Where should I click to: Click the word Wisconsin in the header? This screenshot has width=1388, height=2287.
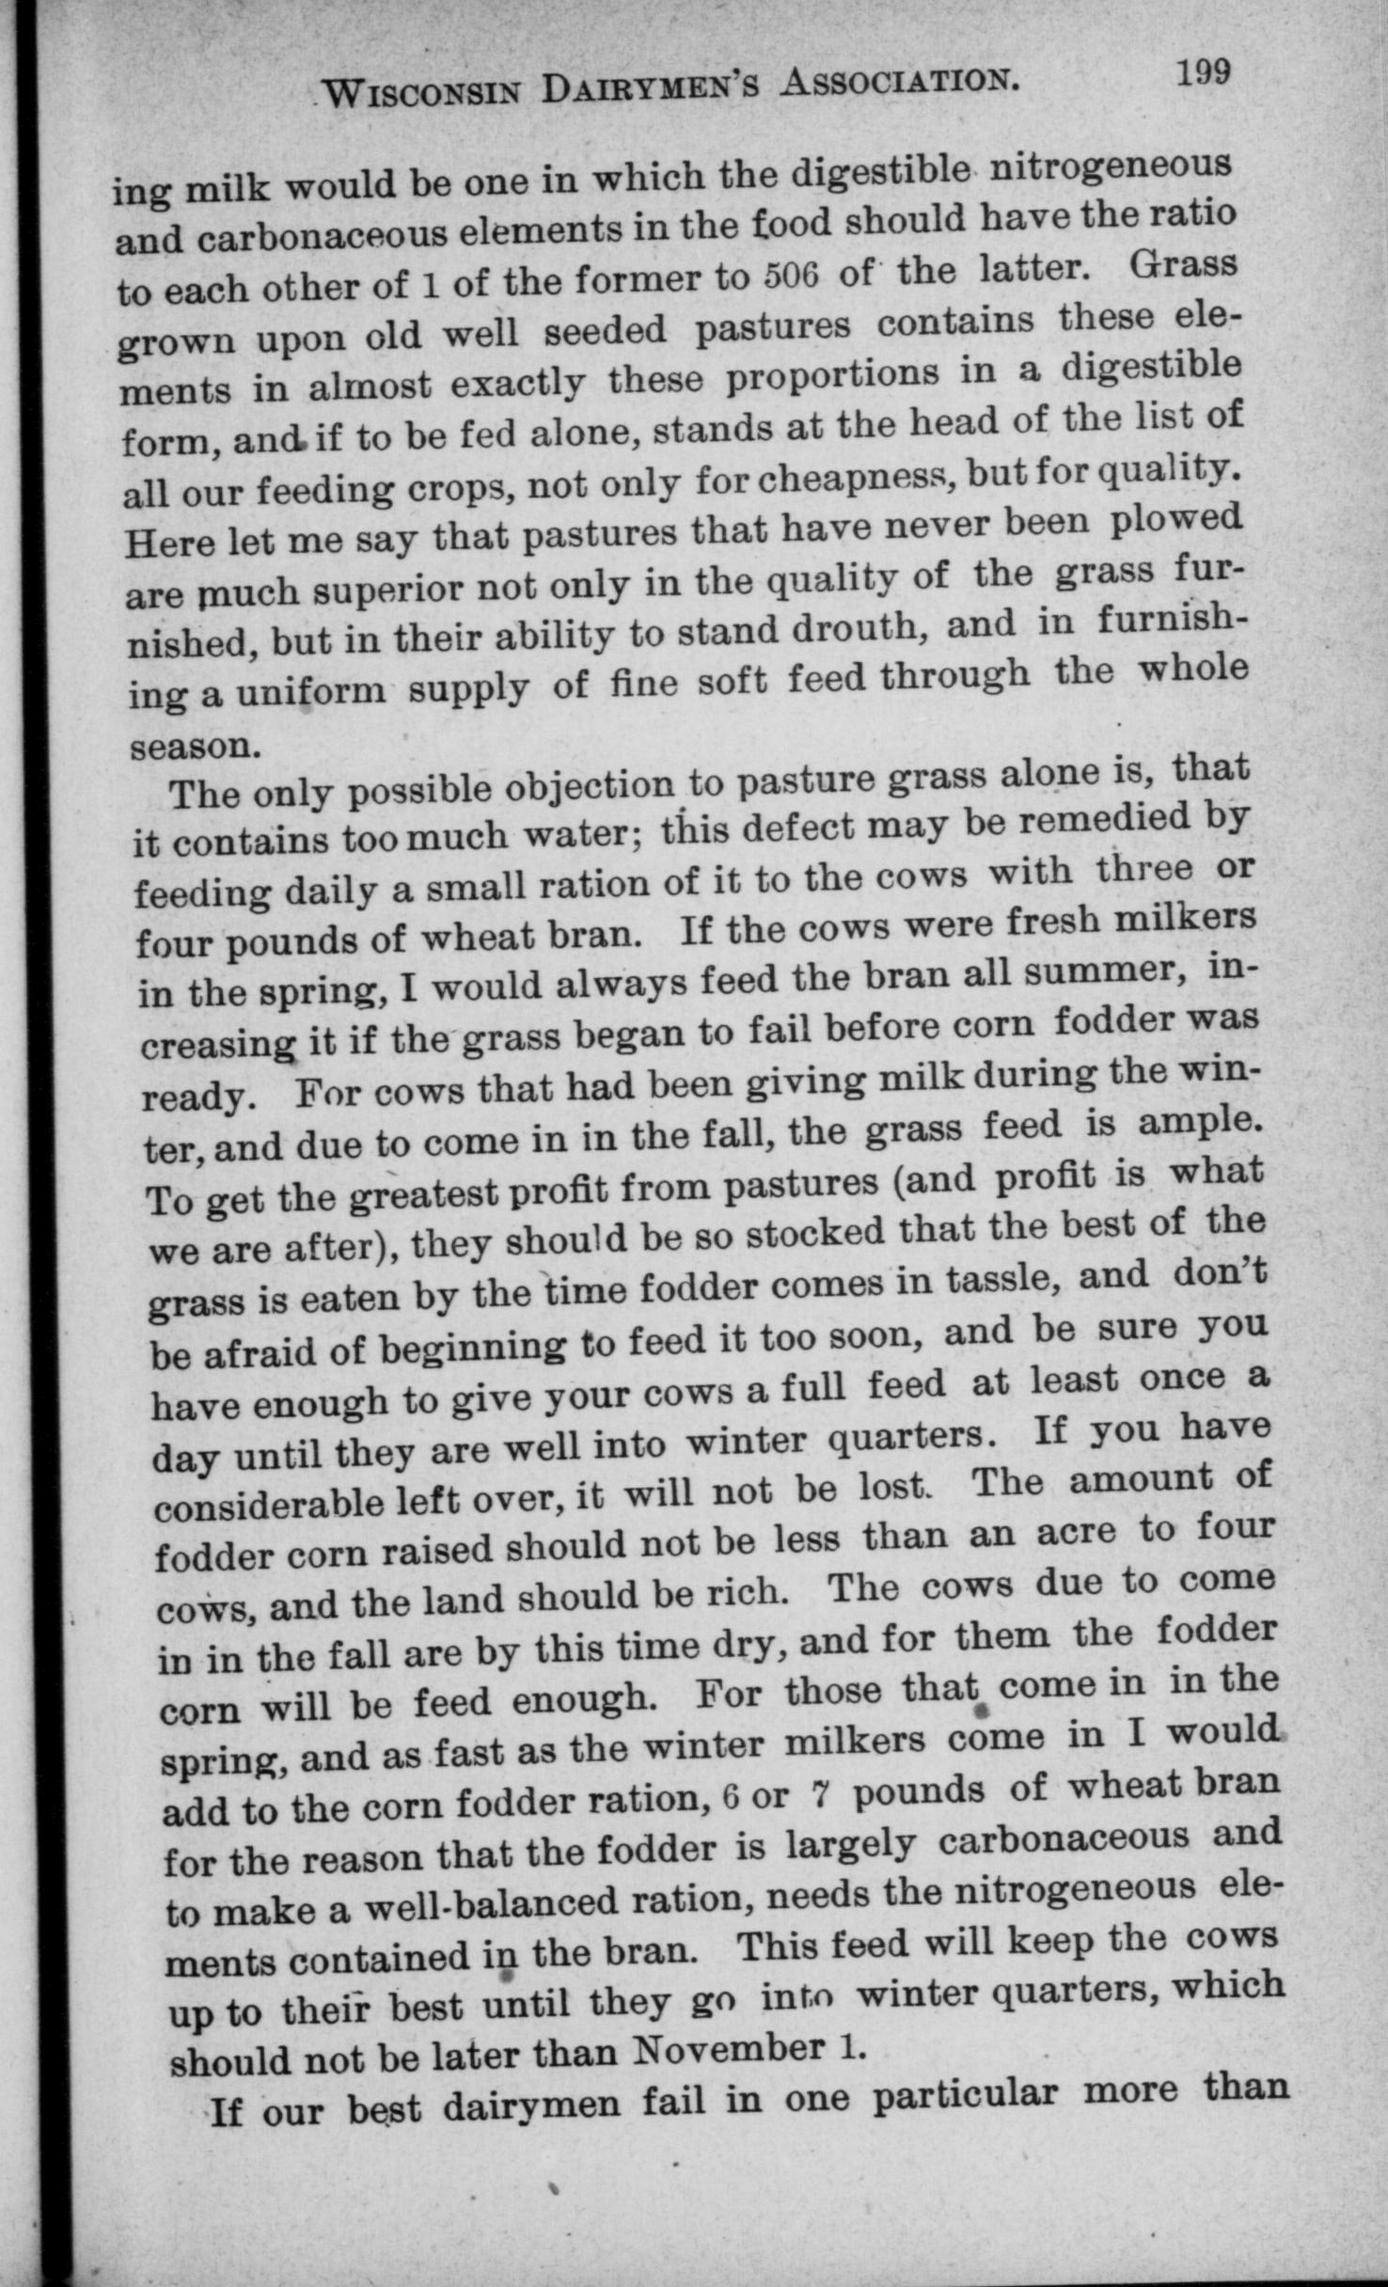click(x=423, y=92)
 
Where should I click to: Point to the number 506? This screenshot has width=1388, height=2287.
click(x=794, y=276)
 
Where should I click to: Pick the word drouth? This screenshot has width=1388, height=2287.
click(x=853, y=627)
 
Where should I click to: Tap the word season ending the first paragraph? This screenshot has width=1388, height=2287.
click(x=194, y=746)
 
